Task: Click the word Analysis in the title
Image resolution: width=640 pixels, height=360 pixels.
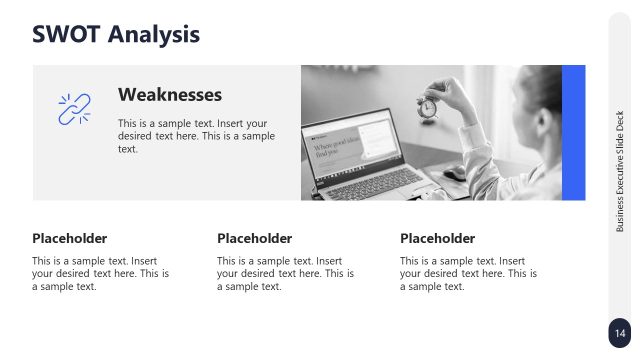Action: pyautogui.click(x=154, y=34)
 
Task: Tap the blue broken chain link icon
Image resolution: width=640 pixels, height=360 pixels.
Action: pyautogui.click(x=75, y=109)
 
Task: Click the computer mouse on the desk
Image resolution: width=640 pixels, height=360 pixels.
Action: pyautogui.click(x=455, y=173)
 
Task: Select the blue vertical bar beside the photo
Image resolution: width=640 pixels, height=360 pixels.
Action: pyautogui.click(x=573, y=132)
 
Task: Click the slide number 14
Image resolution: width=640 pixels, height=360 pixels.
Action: pyautogui.click(x=620, y=333)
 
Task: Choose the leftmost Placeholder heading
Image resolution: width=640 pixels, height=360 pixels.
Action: pyautogui.click(x=70, y=238)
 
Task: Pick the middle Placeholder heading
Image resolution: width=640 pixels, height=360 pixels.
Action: pyautogui.click(x=254, y=238)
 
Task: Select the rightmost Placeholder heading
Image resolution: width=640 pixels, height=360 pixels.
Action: pyautogui.click(x=437, y=238)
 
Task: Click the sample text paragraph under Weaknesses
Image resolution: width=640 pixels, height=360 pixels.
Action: pyautogui.click(x=196, y=135)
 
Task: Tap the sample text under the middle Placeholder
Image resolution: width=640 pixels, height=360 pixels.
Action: pyautogui.click(x=285, y=273)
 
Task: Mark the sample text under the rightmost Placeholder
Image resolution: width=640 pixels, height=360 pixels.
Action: pyautogui.click(x=468, y=273)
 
